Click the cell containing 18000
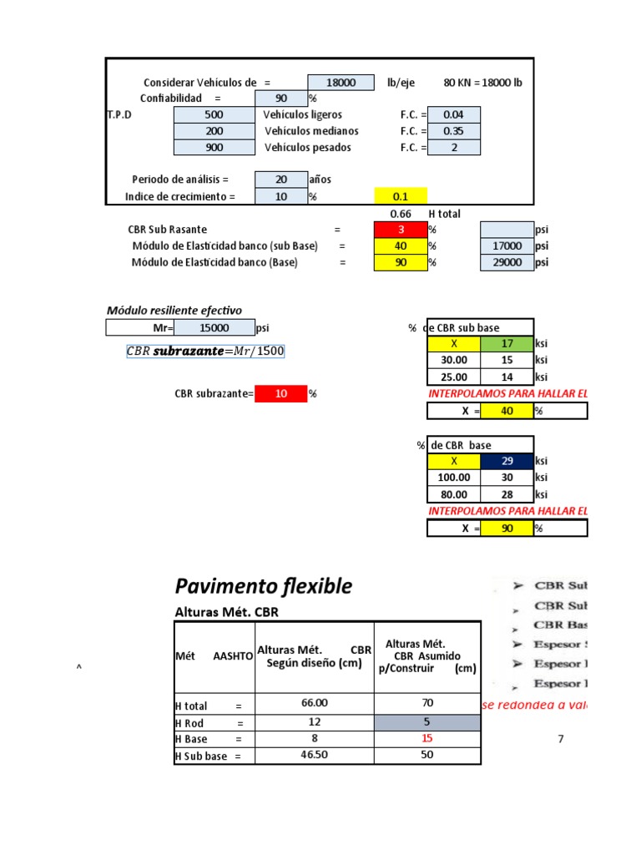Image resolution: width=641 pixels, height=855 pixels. [x=341, y=83]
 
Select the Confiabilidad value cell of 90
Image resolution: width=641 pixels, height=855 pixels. [x=280, y=99]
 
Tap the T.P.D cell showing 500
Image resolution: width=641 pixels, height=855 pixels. [x=214, y=114]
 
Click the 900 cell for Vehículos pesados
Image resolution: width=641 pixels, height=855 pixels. [x=214, y=148]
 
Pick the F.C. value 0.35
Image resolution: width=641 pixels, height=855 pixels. [x=453, y=131]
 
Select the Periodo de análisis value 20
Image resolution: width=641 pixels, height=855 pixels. [x=280, y=180]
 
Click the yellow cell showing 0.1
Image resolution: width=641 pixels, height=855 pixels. [x=400, y=196]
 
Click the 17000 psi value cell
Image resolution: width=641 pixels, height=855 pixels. [x=507, y=246]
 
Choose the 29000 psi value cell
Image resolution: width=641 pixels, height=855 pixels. [x=507, y=262]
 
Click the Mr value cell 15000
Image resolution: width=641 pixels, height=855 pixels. [x=214, y=328]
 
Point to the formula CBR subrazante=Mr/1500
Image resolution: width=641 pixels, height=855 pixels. [x=204, y=351]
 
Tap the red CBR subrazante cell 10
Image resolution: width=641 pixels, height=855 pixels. [x=280, y=393]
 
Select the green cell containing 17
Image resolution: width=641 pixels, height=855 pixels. [x=507, y=343]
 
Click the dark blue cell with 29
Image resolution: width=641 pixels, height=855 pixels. [x=507, y=461]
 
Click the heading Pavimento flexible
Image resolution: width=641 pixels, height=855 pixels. [x=263, y=587]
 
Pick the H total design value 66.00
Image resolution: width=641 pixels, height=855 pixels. [x=315, y=704]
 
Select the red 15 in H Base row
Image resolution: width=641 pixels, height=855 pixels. [x=427, y=739]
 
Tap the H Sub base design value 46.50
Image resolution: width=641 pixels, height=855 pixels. [x=315, y=756]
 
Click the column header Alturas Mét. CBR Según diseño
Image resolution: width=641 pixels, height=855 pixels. [x=315, y=656]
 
